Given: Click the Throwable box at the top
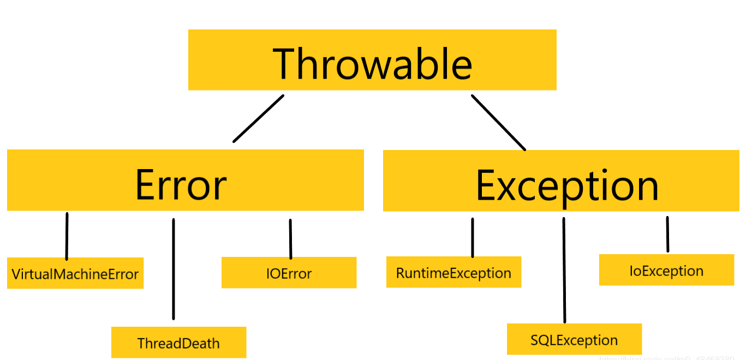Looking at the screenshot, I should pyautogui.click(x=372, y=59).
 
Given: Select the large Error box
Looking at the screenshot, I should pyautogui.click(x=185, y=180).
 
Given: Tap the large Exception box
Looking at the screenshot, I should pyautogui.click(x=561, y=181).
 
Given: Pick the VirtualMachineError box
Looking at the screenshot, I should pyautogui.click(x=75, y=273).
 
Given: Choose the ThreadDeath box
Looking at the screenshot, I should pyautogui.click(x=178, y=343).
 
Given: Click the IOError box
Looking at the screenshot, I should pyautogui.click(x=289, y=273).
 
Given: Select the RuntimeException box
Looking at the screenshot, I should pyautogui.click(x=453, y=272).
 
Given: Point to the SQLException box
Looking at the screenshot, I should pyautogui.click(x=574, y=339).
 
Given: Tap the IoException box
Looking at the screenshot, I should pyautogui.click(x=666, y=270).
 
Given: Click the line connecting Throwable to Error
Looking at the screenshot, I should pyautogui.click(x=259, y=118).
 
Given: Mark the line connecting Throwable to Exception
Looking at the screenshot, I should pyautogui.click(x=498, y=122).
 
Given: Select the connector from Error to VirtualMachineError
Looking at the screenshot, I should pyautogui.click(x=67, y=236).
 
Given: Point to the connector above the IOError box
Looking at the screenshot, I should pyautogui.click(x=290, y=239).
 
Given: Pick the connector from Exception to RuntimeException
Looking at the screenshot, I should pyautogui.click(x=473, y=237).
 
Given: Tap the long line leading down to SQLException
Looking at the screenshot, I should pyautogui.click(x=564, y=270).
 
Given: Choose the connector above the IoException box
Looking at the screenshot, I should pyautogui.click(x=667, y=234).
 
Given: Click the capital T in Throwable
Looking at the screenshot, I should pyautogui.click(x=287, y=64).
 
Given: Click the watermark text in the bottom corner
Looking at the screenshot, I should pyautogui.click(x=671, y=358).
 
